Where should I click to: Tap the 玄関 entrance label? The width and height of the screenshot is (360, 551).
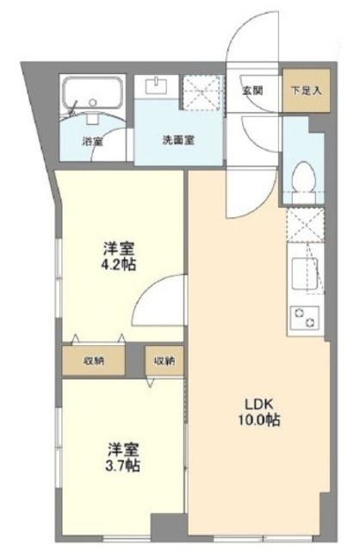252,90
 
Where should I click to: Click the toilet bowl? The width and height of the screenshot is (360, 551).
302,179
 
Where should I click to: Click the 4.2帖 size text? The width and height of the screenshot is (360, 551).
121,264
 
